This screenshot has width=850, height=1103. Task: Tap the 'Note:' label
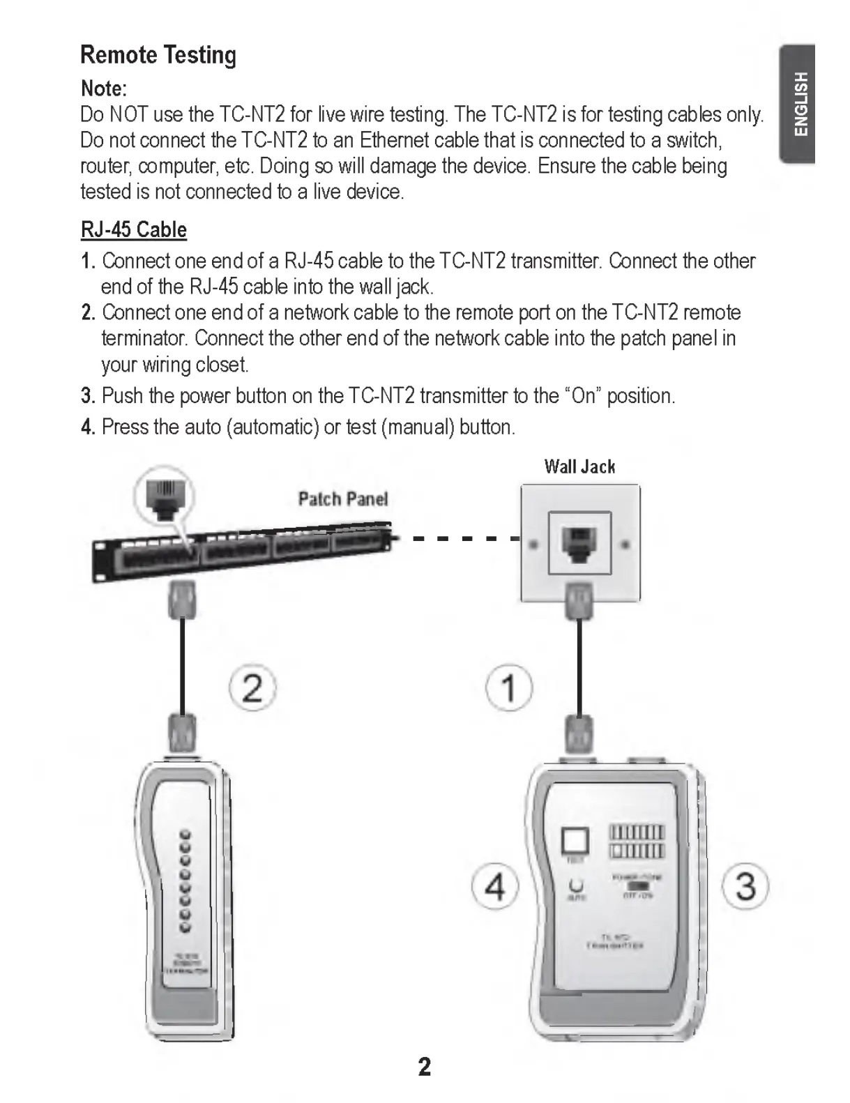pyautogui.click(x=104, y=89)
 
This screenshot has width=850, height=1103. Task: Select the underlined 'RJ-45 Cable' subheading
pyautogui.click(x=134, y=229)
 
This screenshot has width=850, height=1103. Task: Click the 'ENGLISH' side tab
pyautogui.click(x=800, y=104)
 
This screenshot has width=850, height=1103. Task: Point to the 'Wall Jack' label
pyautogui.click(x=579, y=466)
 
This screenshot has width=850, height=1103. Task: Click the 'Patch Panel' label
pyautogui.click(x=342, y=499)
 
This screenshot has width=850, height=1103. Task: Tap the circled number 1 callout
pyautogui.click(x=509, y=687)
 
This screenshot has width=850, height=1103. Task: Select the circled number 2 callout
pyautogui.click(x=252, y=687)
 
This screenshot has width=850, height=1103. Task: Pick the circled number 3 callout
pyautogui.click(x=745, y=887)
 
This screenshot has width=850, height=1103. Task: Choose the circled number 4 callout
pyautogui.click(x=494, y=887)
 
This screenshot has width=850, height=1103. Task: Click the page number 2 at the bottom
pyautogui.click(x=424, y=1067)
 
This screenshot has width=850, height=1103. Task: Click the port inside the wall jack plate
pyautogui.click(x=579, y=542)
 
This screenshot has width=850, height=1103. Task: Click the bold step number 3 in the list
pyautogui.click(x=87, y=396)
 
